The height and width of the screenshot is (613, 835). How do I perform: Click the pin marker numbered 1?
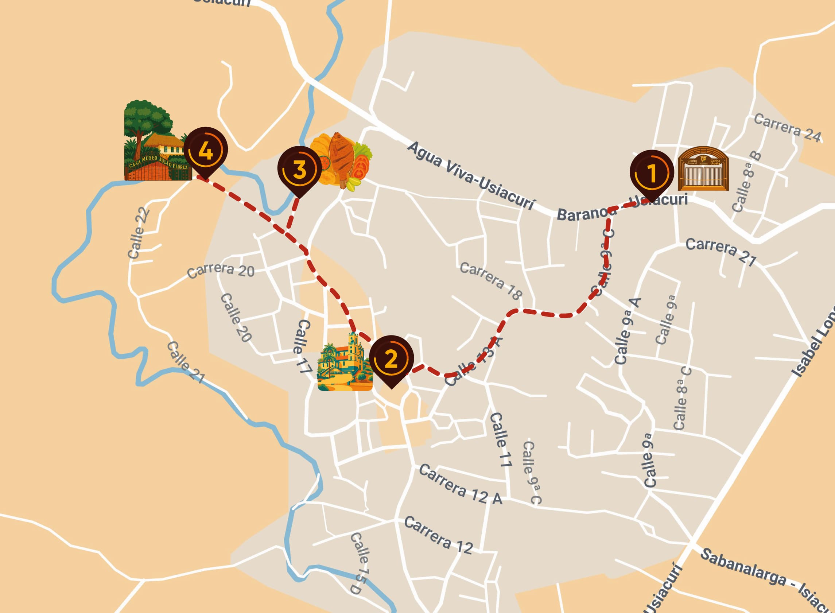pos(652,173)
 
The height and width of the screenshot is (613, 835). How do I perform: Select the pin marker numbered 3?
pos(299,170)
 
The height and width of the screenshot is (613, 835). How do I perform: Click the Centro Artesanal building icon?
pos(703,169)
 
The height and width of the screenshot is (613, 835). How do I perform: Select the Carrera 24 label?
pos(787,128)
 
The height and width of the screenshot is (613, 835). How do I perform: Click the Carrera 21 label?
pos(720,252)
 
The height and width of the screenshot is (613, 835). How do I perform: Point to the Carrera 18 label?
pos(490,280)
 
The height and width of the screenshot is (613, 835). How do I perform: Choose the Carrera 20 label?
pos(221,270)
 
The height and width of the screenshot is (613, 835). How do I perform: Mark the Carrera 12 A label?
pos(460,484)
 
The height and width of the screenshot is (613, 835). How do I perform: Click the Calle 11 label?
pos(501,439)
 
